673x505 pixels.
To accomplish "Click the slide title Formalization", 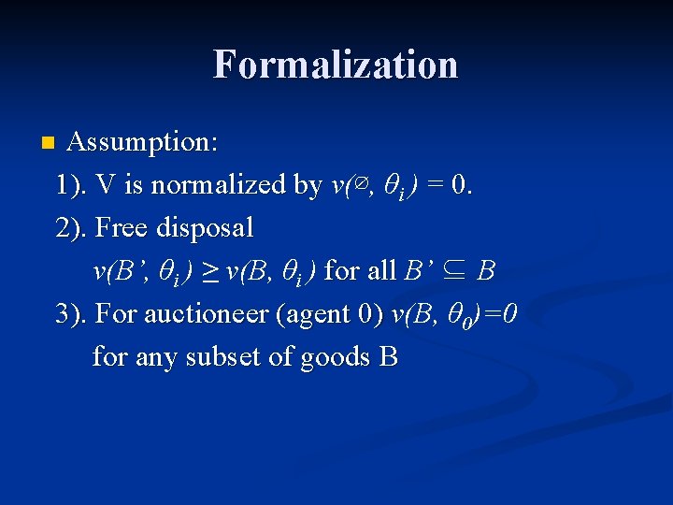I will pyautogui.click(x=336, y=65).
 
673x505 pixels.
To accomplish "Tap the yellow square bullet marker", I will pyautogui.click(x=47, y=144).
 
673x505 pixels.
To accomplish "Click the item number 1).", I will pyautogui.click(x=72, y=185).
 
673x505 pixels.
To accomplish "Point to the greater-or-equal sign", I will pyautogui.click(x=211, y=272).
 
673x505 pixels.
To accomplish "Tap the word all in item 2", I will pyautogui.click(x=380, y=271).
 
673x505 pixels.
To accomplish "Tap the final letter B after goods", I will pyautogui.click(x=389, y=357).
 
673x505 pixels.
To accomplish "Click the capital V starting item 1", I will pyautogui.click(x=106, y=185).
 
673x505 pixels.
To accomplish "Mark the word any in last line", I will pyautogui.click(x=153, y=358).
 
